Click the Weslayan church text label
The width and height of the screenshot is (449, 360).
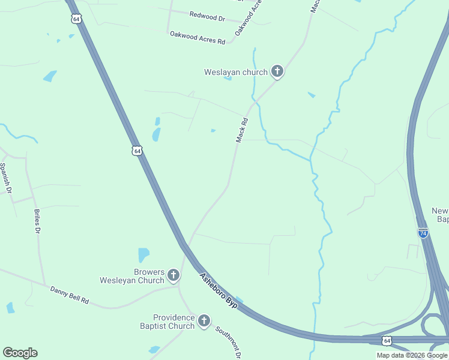coord(235,73)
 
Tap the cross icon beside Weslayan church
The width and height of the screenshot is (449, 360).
coord(277,72)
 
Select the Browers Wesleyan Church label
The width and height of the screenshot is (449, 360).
coord(132,276)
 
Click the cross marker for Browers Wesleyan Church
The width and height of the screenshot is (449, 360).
coord(173,276)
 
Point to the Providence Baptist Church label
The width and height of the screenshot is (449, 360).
coord(173,322)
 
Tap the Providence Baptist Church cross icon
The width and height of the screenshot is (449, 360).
coord(203,322)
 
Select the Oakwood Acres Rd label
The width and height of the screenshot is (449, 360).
coord(197,38)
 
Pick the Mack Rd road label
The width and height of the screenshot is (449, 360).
coord(242,130)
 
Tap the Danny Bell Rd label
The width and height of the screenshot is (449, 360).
coord(69,295)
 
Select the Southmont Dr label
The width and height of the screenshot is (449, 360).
coord(229,343)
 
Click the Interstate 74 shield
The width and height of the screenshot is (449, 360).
coord(423,233)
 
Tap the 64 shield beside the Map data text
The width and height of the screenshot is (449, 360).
coord(385,341)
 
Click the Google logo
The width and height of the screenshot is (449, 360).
coord(20,353)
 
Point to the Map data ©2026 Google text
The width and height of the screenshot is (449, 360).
coord(412,355)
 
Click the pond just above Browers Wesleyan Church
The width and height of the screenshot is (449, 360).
coord(143,255)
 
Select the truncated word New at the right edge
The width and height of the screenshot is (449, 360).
coord(440,211)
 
